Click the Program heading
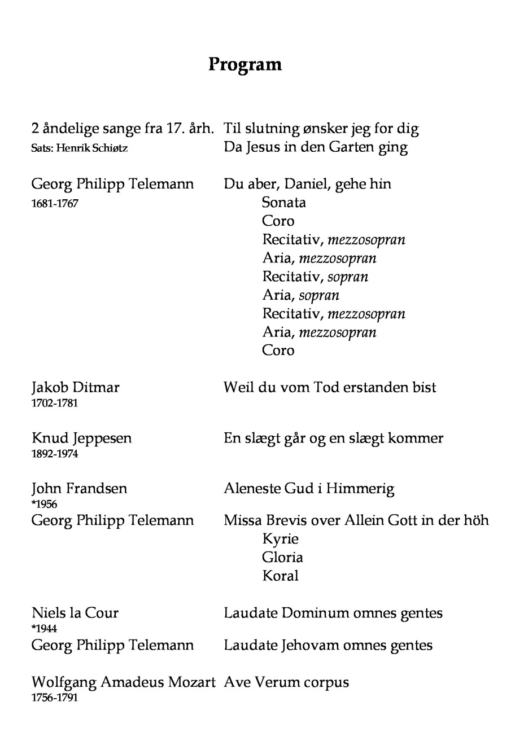[x=244, y=64]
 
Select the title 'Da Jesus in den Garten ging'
[x=316, y=147]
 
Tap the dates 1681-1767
[x=55, y=203]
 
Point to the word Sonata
[x=284, y=202]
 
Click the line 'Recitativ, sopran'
[x=315, y=277]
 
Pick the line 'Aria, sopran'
[x=301, y=295]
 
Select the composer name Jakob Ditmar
[x=76, y=387]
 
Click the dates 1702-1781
[x=55, y=403]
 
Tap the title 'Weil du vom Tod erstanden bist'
[x=330, y=387]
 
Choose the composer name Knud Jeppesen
[x=82, y=438]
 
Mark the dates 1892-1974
[x=55, y=454]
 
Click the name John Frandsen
[x=80, y=488]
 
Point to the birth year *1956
[x=45, y=504]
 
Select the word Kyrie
[x=280, y=538]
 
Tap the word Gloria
[x=282, y=557]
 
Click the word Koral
[x=280, y=576]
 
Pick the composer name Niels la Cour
[x=75, y=613]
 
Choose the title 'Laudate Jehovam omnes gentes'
[x=328, y=645]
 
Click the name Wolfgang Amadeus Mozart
[x=124, y=682]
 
